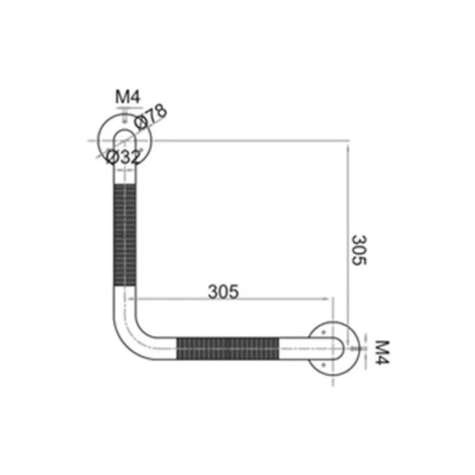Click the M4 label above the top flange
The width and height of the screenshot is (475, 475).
coord(127,97)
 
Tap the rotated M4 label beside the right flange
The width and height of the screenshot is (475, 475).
coord(382,352)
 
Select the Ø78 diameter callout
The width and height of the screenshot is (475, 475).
coord(151,117)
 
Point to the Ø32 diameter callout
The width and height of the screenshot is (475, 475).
coord(124,157)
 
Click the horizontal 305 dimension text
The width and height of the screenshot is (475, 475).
coord(223,292)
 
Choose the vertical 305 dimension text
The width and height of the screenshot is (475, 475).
coord(359,250)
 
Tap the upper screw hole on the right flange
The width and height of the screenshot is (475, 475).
coord(323,332)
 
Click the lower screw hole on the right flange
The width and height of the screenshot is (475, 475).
coord(323,365)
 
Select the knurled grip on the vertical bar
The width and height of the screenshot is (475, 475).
coord(125,236)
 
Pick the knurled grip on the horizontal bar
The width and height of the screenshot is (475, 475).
coord(228,349)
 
